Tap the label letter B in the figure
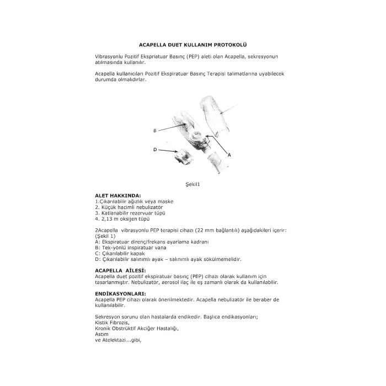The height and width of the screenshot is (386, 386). click(x=156, y=130)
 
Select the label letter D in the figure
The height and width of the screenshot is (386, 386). click(x=155, y=149)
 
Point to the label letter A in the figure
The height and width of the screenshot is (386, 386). click(x=228, y=156)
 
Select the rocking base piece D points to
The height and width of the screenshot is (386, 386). click(x=182, y=157)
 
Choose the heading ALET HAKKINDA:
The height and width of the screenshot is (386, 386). click(x=118, y=196)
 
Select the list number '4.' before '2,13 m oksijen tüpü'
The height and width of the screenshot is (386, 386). click(x=97, y=217)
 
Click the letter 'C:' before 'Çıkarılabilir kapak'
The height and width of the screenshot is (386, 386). click(x=98, y=253)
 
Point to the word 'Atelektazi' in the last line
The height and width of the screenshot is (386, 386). click(x=116, y=340)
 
